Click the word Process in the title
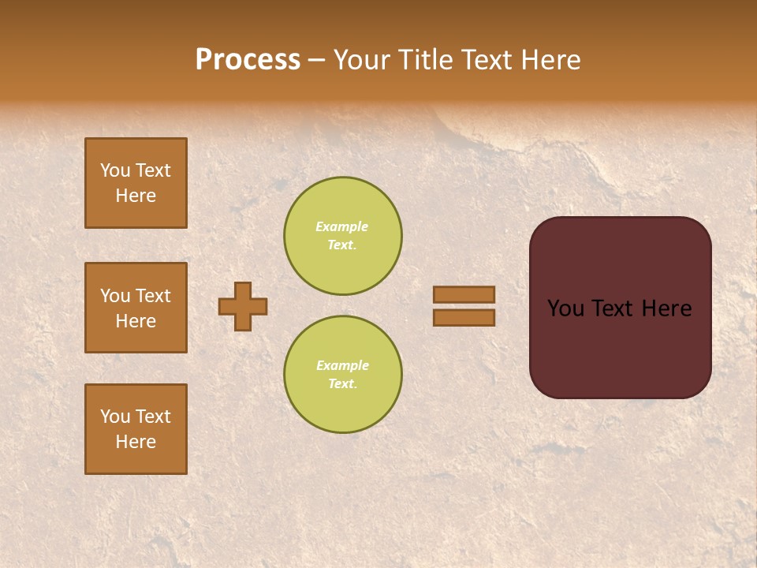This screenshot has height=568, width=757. coord(248,60)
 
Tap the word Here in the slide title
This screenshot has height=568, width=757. coord(549,60)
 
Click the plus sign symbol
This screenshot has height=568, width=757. coord(243,306)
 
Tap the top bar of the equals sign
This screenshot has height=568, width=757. coord(464,295)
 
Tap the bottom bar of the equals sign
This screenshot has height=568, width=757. coord(464,317)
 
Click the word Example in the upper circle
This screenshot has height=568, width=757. coord(342,226)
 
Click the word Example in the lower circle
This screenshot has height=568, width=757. coord(342,365)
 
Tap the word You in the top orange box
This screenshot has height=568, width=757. coord(115,170)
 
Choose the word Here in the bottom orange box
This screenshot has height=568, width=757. coord(136,442)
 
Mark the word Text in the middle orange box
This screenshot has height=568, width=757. coord(153,296)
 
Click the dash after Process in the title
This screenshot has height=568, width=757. coord(317,60)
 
